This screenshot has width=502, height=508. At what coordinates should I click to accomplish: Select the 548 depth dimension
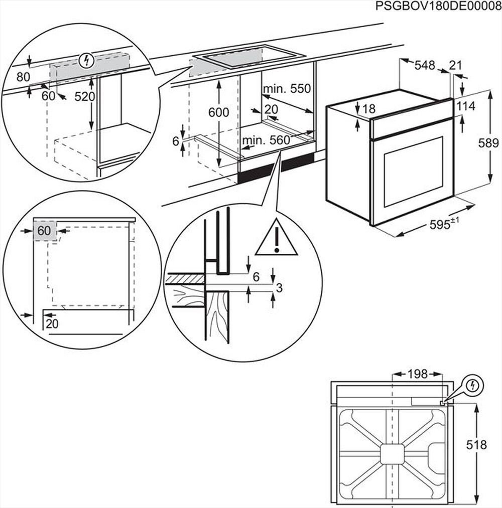(x=424, y=65)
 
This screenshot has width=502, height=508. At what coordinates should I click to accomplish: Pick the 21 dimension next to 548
(x=456, y=65)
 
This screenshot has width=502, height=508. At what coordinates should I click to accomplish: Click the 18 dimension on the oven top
(x=368, y=109)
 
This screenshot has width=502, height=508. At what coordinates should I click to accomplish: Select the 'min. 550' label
(x=287, y=89)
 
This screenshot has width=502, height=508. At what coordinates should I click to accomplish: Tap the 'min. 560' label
(x=266, y=141)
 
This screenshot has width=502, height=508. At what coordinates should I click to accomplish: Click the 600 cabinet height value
(x=219, y=112)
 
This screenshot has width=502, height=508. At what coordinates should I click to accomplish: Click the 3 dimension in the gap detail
(x=280, y=287)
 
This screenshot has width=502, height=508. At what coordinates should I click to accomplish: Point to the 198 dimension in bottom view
(x=417, y=374)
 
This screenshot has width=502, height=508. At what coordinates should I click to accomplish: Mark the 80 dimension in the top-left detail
(x=23, y=77)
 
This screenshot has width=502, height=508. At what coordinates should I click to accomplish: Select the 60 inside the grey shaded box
(x=44, y=231)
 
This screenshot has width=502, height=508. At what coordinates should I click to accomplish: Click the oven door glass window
(x=413, y=172)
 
